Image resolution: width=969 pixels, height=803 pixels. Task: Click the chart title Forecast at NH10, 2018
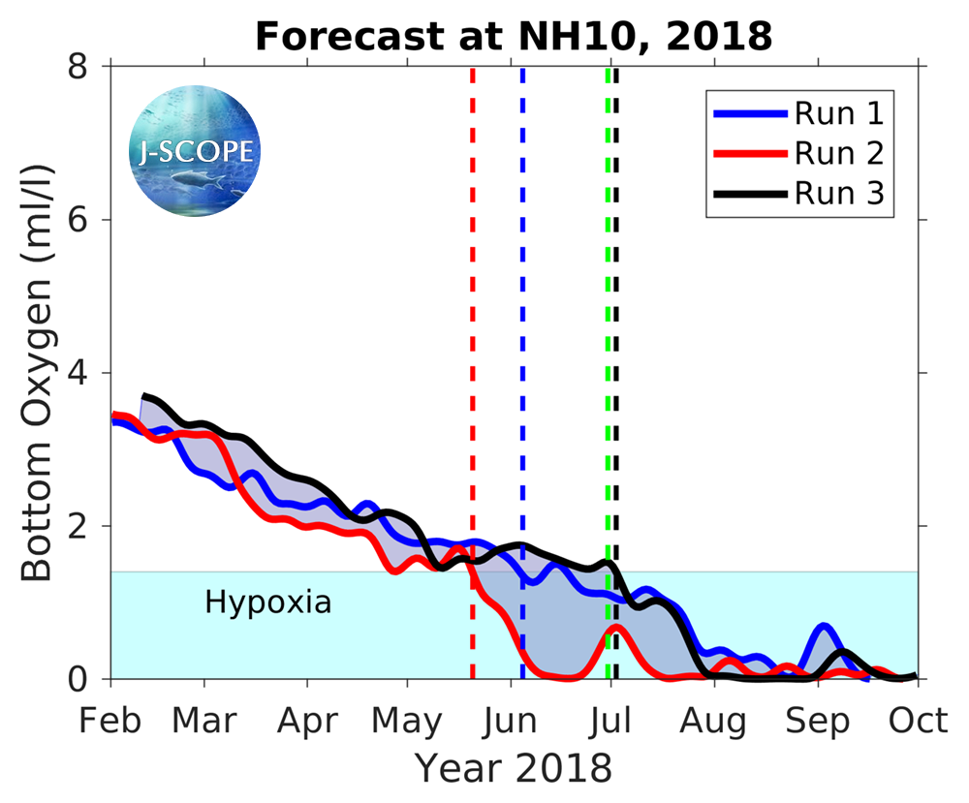[x=513, y=36]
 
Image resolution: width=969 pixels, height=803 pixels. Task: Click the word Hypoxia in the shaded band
[x=268, y=602]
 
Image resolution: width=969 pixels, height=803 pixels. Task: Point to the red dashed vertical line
[x=472, y=291]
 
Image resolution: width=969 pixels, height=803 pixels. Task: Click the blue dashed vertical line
[x=522, y=291]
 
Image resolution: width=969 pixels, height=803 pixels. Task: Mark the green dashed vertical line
[x=608, y=291]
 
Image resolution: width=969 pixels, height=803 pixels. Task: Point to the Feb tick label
[x=111, y=721]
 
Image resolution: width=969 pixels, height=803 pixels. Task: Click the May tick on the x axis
[x=408, y=721]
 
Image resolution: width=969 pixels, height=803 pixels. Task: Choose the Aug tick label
[x=713, y=721]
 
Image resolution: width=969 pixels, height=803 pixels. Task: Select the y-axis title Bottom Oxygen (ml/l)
[x=36, y=373]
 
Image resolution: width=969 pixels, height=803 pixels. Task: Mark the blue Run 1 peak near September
[x=823, y=626]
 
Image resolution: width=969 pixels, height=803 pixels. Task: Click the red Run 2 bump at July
[x=615, y=628]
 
